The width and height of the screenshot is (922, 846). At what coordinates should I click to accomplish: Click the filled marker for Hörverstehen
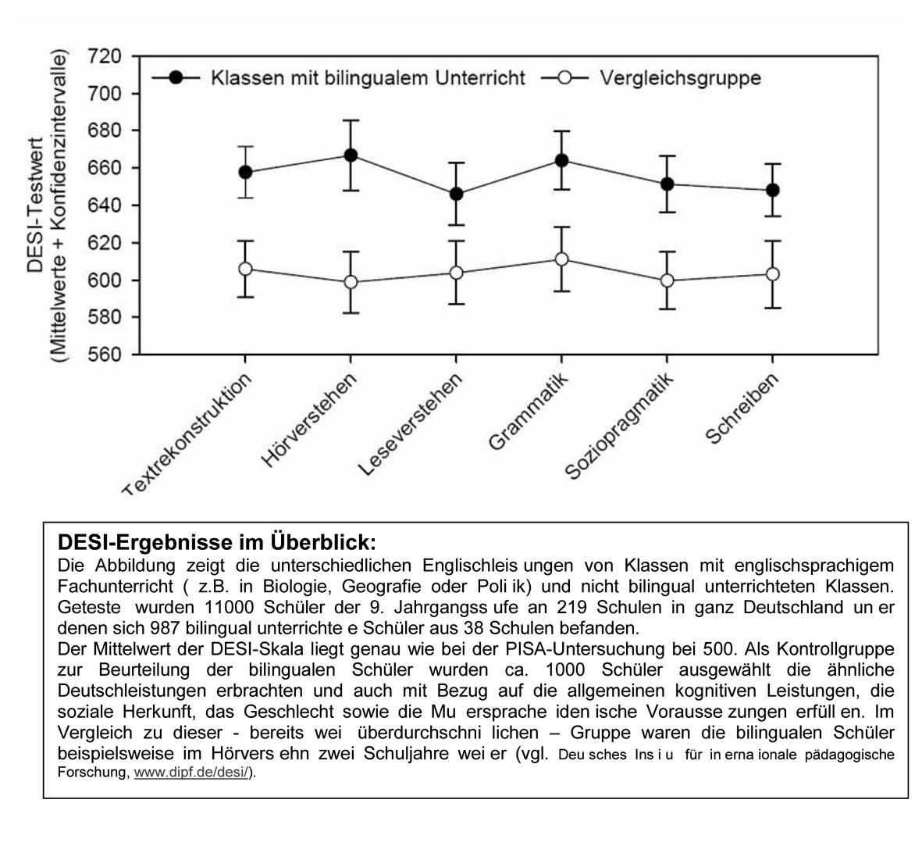[351, 155]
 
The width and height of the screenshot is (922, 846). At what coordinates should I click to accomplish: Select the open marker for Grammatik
[561, 259]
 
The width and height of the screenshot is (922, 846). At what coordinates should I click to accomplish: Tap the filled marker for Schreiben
[772, 190]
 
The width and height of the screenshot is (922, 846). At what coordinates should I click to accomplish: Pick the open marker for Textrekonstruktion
[245, 269]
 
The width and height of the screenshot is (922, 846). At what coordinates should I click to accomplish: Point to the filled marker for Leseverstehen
[456, 194]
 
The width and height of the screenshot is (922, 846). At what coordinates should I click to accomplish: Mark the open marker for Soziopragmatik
[667, 280]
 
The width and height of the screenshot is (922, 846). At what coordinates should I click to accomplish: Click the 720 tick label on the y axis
[106, 56]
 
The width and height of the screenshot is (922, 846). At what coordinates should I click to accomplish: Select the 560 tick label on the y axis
[106, 355]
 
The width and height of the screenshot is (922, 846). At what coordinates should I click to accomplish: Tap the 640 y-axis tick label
[106, 205]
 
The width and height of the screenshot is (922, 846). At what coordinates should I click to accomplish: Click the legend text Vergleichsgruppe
[680, 78]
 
